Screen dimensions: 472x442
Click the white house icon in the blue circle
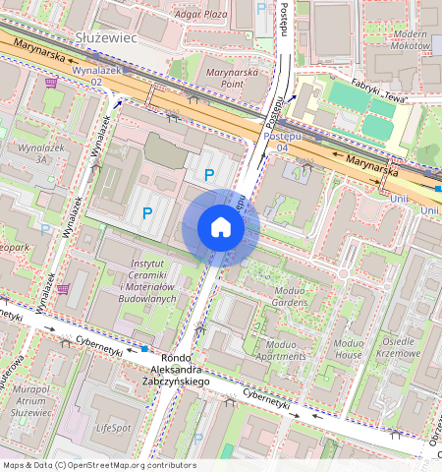(221, 228)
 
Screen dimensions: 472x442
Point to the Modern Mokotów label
(409, 39)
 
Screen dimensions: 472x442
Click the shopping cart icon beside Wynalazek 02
(50, 83)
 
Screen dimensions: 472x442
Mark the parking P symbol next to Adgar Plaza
(261, 9)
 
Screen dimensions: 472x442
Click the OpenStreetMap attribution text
(98, 465)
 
